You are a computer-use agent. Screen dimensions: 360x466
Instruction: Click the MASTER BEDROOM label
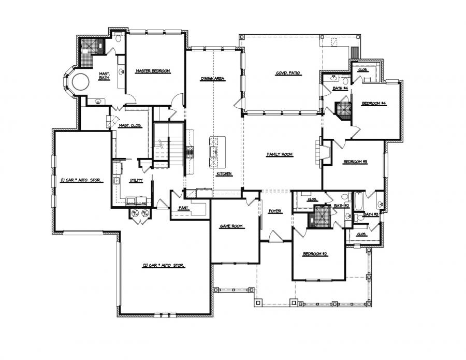click(153, 71)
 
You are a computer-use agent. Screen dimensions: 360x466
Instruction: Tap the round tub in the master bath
click(81, 82)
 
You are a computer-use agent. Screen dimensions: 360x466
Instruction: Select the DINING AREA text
click(213, 79)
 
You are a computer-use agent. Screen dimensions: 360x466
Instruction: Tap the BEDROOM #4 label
click(374, 104)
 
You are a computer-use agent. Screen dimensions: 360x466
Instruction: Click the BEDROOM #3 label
click(355, 162)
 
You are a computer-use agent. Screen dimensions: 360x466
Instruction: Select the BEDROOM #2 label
click(315, 254)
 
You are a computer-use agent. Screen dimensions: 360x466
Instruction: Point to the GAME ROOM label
click(231, 226)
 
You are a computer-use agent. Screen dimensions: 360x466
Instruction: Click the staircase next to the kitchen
click(169, 145)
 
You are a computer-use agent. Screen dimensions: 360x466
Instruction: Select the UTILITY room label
click(136, 180)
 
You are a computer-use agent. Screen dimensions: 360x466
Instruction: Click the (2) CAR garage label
click(164, 266)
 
